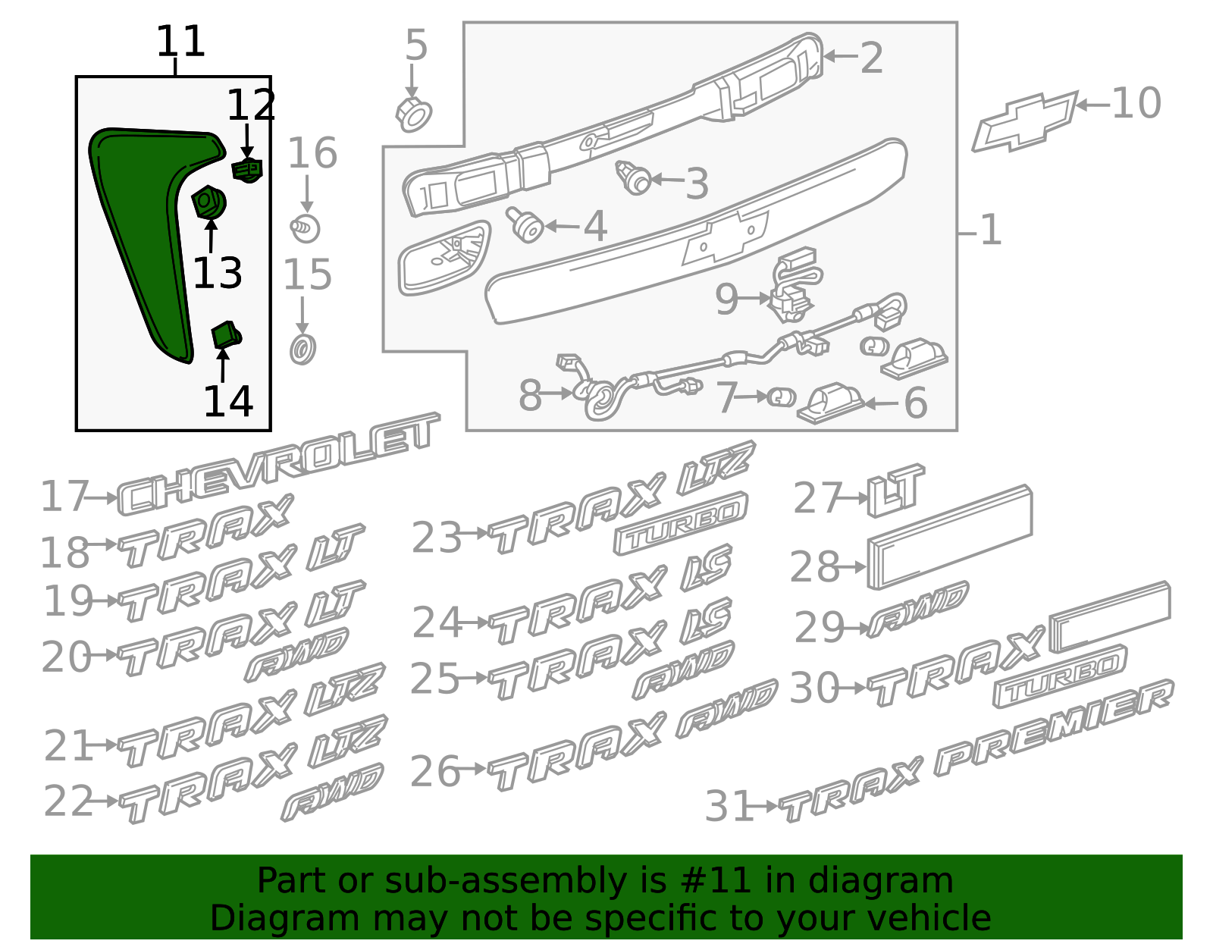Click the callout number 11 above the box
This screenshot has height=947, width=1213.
tap(181, 41)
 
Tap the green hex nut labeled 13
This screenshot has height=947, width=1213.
tap(208, 202)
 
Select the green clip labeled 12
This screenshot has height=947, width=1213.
tap(247, 170)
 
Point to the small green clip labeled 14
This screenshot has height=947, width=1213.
tap(226, 334)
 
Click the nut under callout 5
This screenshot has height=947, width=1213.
tap(414, 114)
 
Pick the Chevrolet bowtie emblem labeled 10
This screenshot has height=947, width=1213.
tap(1025, 121)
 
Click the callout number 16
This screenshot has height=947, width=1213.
tap(312, 152)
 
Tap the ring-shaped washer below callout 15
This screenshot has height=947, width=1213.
tap(303, 350)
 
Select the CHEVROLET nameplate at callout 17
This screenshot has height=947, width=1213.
tap(279, 464)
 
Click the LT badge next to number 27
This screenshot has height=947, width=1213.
tap(896, 489)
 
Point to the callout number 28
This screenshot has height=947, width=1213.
tap(814, 566)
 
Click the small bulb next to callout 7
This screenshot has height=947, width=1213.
tap(782, 397)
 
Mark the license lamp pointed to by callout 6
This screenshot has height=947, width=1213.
tap(830, 403)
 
